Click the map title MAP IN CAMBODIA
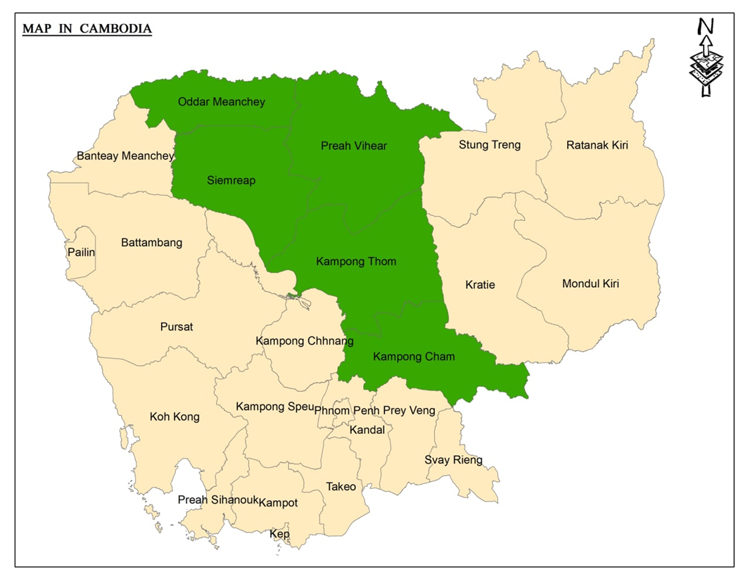coord(87,29)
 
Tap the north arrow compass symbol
coord(705,58)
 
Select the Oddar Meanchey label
coord(222,102)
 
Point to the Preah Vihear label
coord(354,146)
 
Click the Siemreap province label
coord(231,181)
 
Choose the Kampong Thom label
coord(356,262)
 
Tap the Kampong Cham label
coord(414,357)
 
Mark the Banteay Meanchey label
coord(125,155)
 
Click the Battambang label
coord(151,243)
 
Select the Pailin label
coord(81,252)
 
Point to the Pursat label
coord(177,327)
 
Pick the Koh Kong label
coord(174,416)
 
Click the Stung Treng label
coord(490,145)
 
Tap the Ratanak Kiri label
coord(597,146)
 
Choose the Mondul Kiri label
coord(590,284)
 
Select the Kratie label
coord(480,285)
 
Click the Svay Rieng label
coord(453,460)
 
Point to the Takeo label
coord(341,487)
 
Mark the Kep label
coord(279,535)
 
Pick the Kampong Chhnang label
coord(295,341)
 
